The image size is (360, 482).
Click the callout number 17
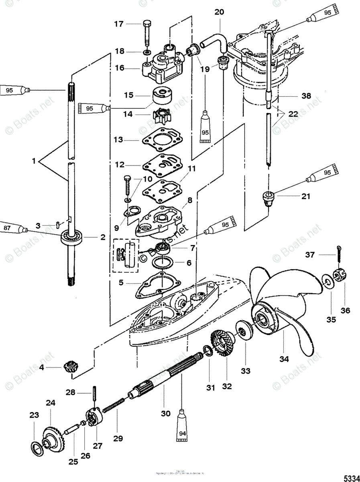point(118,24)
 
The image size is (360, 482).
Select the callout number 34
point(284,359)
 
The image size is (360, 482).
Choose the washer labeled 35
point(328,281)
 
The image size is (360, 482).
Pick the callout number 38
point(306,96)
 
